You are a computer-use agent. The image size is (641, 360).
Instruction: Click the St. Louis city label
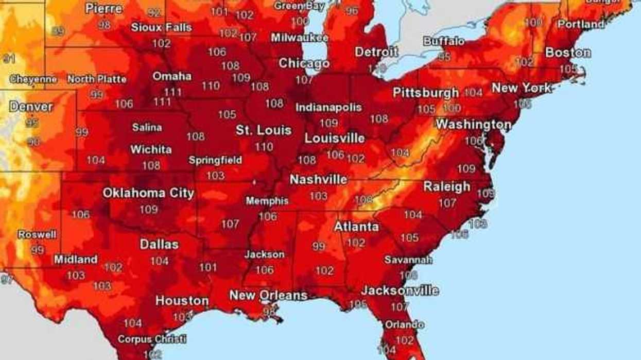tap(264, 130)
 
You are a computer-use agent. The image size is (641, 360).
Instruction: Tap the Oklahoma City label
tap(148, 193)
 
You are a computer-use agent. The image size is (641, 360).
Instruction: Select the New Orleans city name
tap(268, 296)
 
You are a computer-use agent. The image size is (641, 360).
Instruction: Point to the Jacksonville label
tap(400, 290)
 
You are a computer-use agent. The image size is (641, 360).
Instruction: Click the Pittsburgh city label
tap(425, 93)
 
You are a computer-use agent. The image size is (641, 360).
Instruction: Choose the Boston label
tap(567, 53)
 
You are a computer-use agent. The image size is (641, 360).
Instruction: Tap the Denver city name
tap(31, 107)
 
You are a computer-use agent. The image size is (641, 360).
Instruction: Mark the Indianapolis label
tap(328, 108)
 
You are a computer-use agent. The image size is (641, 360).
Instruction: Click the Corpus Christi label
tap(151, 339)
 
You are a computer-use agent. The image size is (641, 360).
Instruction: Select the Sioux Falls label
tap(161, 28)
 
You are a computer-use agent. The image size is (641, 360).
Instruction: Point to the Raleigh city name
tap(446, 187)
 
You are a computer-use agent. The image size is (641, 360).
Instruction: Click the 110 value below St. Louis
tap(264, 147)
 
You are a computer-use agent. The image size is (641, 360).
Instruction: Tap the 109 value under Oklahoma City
tap(148, 210)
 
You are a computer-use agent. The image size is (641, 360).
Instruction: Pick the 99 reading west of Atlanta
tap(319, 247)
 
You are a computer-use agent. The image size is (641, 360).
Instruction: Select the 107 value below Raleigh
tap(447, 203)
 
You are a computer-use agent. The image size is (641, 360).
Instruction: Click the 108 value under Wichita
tap(151, 166)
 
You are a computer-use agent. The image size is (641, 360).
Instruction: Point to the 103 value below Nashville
tap(318, 196)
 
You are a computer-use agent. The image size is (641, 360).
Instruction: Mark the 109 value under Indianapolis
tap(328, 123)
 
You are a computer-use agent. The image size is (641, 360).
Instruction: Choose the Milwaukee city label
tap(300, 38)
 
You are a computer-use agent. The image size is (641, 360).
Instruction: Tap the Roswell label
tap(37, 234)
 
